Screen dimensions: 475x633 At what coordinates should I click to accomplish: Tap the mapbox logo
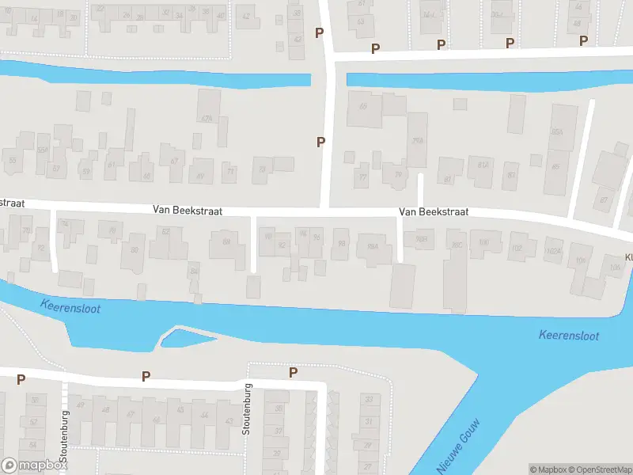(x=34, y=465)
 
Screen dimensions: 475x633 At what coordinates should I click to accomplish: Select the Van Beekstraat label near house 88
(x=188, y=212)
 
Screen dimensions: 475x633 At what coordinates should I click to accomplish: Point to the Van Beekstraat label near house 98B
(x=434, y=212)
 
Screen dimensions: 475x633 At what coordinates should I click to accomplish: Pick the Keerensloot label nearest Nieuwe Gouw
(x=568, y=336)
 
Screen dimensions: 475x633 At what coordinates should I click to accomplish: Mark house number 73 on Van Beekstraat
(x=262, y=169)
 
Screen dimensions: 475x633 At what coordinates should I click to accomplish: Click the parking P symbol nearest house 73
(x=320, y=142)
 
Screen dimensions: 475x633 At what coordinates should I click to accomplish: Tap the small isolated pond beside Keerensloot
(x=188, y=339)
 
